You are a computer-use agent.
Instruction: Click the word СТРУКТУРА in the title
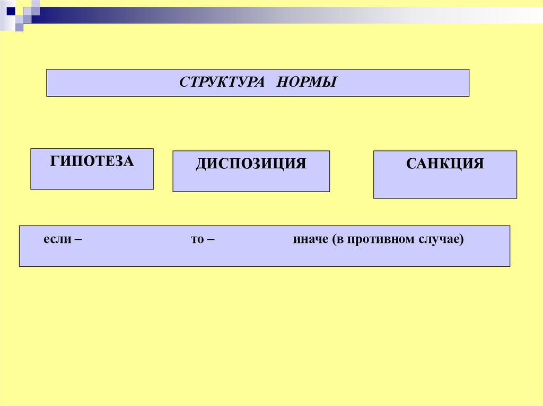(222, 83)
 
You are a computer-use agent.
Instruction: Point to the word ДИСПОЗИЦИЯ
(251, 163)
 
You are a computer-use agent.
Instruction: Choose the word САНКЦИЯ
(445, 163)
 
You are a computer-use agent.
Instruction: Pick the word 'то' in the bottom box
(197, 240)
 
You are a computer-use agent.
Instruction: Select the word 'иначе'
(310, 240)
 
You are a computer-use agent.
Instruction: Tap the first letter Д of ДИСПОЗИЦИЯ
(200, 164)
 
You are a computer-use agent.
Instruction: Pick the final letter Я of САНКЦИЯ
(478, 163)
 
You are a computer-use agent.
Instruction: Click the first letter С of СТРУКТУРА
(183, 83)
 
